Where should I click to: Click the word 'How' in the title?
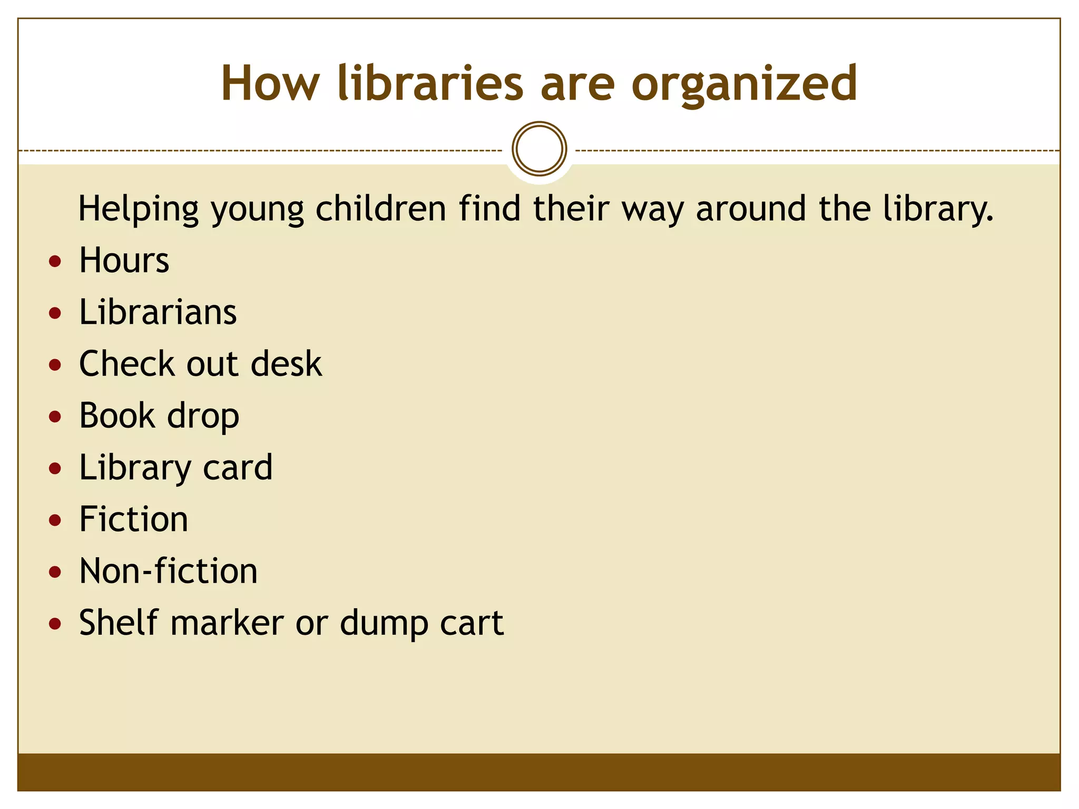(270, 84)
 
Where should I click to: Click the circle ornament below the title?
(539, 149)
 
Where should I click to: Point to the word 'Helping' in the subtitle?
(139, 209)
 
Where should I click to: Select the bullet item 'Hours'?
(124, 260)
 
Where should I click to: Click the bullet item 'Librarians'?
(158, 312)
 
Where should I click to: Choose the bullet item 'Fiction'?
(134, 519)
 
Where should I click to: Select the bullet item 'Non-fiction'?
(169, 571)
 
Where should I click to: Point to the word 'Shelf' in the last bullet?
(119, 623)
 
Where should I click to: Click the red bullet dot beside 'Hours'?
(55, 261)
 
